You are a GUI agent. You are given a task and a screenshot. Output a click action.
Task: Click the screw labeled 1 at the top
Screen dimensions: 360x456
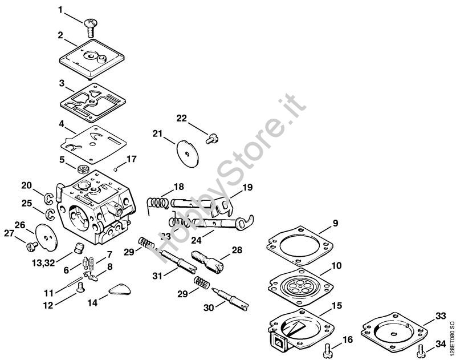(90, 25)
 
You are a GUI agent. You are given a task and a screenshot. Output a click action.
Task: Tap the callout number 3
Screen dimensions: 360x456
(62, 83)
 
